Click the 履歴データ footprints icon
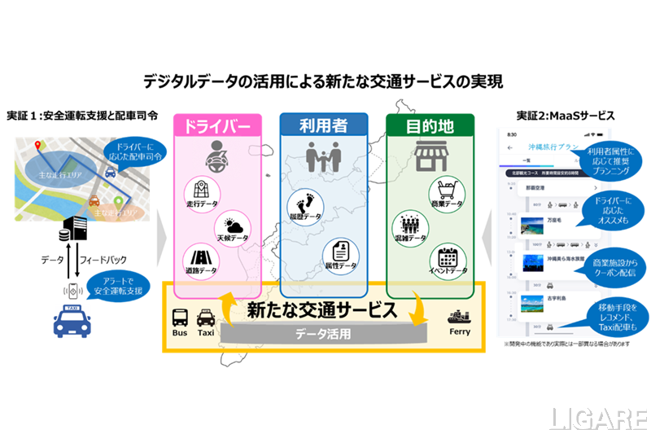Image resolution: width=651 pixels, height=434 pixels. tap(306, 207)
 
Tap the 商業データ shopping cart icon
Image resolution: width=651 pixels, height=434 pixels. tap(447, 192)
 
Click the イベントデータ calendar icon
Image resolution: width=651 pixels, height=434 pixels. tap(447, 259)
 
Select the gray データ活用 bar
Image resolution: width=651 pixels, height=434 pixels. tap(324, 333)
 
